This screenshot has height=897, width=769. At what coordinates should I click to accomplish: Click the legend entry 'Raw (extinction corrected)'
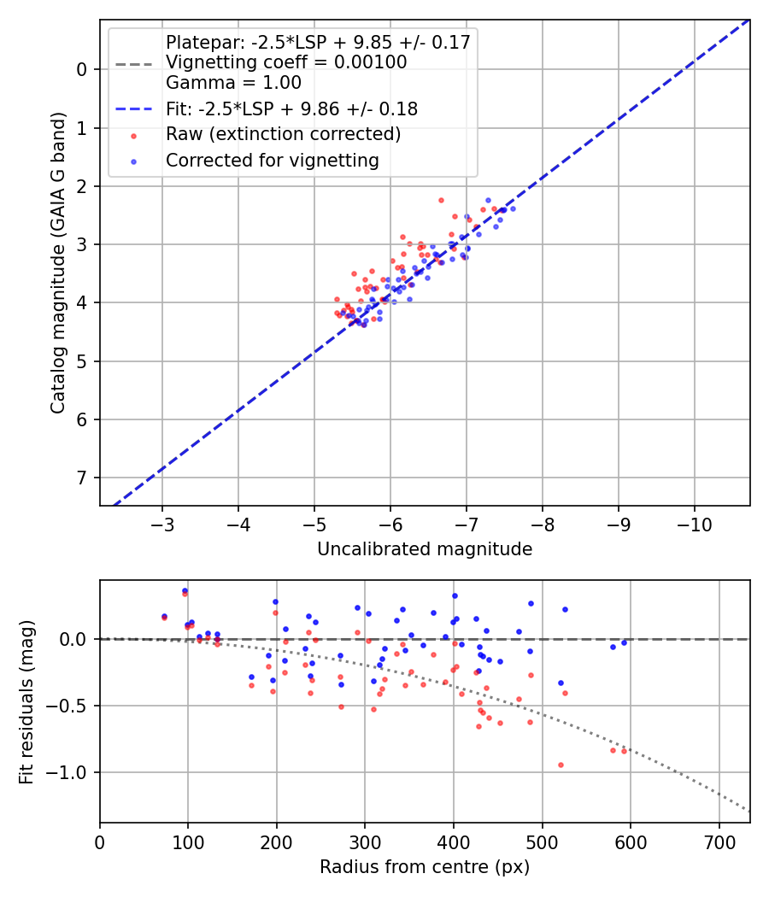coord(283,134)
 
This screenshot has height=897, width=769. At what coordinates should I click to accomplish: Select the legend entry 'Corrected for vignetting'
coord(273,160)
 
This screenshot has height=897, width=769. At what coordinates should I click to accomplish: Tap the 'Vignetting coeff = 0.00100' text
coord(286,62)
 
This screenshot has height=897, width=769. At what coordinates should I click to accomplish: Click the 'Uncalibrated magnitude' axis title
coord(425,549)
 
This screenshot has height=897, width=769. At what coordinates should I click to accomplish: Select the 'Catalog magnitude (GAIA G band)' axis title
coord(57,262)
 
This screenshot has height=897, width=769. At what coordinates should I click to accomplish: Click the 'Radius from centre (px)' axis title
coord(425,867)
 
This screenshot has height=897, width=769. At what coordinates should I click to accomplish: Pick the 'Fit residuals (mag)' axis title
coord(26,701)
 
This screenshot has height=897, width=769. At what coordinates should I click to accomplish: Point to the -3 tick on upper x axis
coord(162,523)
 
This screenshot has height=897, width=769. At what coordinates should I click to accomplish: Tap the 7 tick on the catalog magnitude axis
coord(82,478)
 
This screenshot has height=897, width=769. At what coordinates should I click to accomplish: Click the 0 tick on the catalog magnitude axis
coord(82,69)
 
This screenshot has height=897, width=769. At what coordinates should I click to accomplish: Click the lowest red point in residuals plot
coord(561,765)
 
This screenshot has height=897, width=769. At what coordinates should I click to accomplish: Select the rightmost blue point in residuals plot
coord(624,642)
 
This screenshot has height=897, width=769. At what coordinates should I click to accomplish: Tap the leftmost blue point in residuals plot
coord(164,616)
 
